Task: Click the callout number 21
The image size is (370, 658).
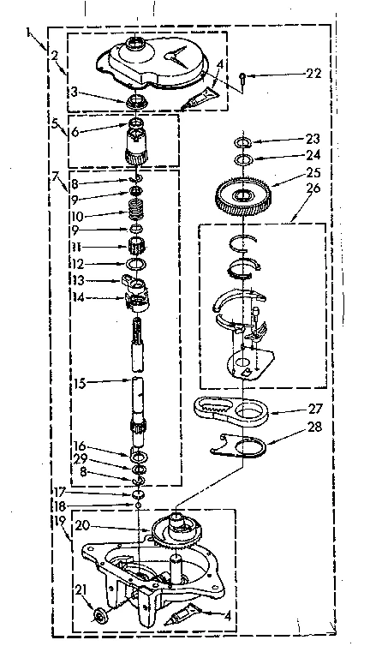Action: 81,589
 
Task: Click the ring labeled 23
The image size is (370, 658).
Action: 243,141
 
